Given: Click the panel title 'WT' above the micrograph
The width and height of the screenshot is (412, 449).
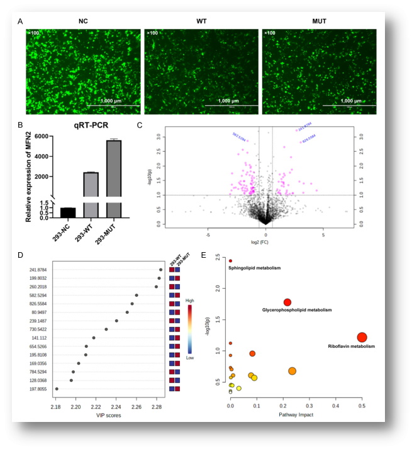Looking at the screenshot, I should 201,21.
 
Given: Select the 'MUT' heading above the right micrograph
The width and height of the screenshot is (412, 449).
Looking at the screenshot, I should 319,21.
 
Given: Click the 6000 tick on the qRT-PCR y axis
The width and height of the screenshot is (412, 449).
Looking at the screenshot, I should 41,136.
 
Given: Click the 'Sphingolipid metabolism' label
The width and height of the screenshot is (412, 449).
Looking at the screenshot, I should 254,269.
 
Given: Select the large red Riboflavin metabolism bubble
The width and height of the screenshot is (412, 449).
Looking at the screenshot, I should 362,338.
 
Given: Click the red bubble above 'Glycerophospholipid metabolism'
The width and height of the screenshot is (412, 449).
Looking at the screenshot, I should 287,302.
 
